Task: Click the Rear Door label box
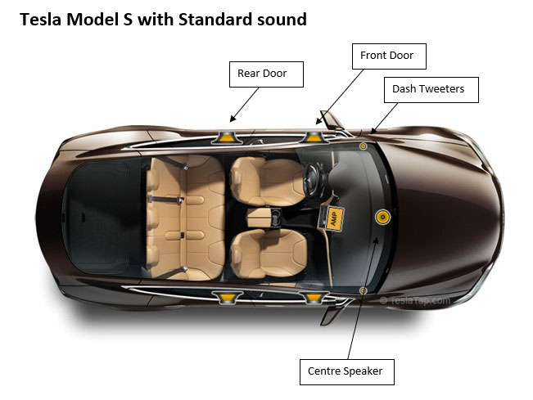click(266, 74)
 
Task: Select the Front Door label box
click(389, 56)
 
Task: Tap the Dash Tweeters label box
click(431, 90)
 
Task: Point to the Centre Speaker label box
click(347, 372)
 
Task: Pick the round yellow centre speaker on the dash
click(382, 217)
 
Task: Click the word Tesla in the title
click(40, 20)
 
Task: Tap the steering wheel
click(314, 179)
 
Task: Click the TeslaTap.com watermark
click(414, 300)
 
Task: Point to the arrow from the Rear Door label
click(244, 105)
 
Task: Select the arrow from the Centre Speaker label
click(362, 298)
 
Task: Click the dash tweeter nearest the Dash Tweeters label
click(363, 146)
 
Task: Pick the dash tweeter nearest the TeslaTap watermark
click(363, 290)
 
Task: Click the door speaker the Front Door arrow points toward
click(313, 138)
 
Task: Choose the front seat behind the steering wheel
click(269, 182)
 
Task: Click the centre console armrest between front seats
click(260, 218)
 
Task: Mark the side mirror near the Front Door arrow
click(331, 119)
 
